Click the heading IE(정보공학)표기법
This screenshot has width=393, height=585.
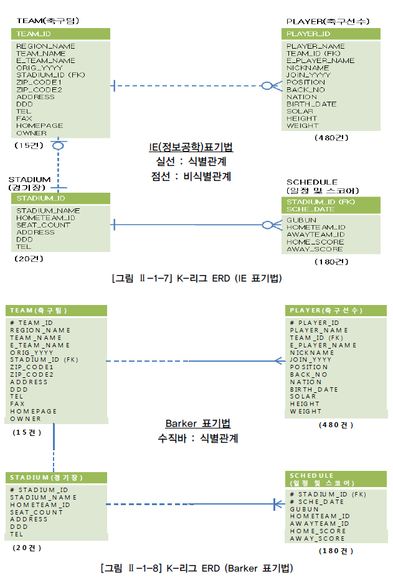[x=191, y=147]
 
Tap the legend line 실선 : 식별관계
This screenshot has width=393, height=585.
[x=191, y=162]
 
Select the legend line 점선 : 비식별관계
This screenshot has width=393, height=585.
[x=191, y=176]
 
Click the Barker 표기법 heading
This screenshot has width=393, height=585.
[x=197, y=423]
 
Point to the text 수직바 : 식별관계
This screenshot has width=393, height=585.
[x=197, y=438]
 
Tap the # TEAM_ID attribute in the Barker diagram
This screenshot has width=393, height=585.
[x=31, y=322]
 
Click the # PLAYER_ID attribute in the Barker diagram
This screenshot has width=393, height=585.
[x=314, y=322]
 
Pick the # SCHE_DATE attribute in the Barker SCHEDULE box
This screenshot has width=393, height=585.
[x=316, y=501]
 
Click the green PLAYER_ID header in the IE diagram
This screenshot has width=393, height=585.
[x=309, y=34]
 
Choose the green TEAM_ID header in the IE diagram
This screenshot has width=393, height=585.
[x=34, y=34]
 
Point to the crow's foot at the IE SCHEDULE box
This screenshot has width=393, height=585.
[x=271, y=225]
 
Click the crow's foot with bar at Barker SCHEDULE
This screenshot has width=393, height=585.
[x=277, y=504]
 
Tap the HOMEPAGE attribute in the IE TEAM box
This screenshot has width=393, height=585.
[x=40, y=125]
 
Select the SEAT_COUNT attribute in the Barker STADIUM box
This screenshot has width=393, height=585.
[x=36, y=512]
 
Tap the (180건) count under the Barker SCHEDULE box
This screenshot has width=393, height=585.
[x=336, y=551]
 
